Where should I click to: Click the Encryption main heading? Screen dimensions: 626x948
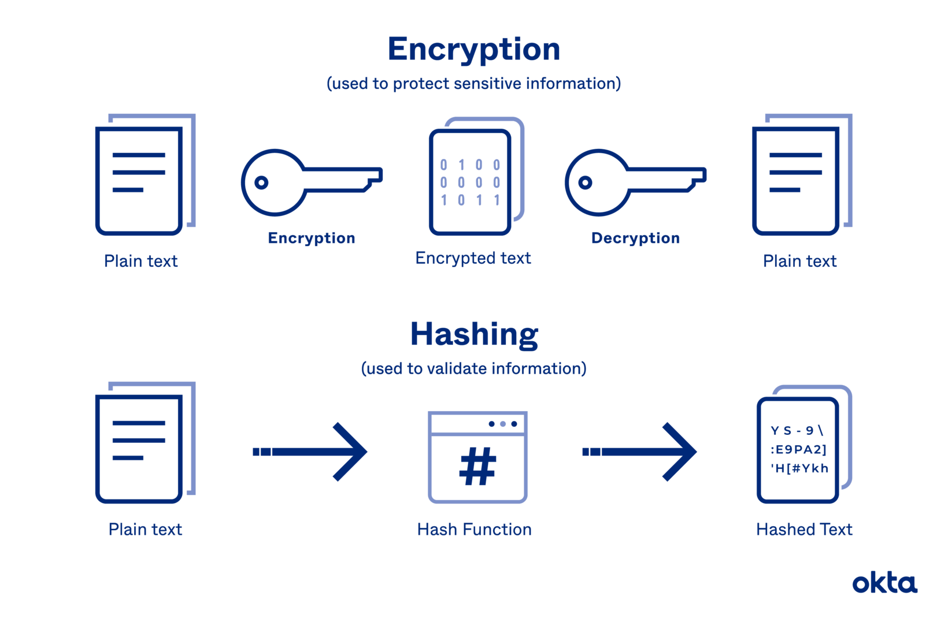[x=474, y=50]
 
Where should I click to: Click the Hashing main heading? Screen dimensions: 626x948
[x=474, y=334]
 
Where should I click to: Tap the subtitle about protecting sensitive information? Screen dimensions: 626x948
[x=474, y=84]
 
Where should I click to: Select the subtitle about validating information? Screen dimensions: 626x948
[x=474, y=368]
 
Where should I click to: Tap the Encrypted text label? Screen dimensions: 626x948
[x=473, y=258]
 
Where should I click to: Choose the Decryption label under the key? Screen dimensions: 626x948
[x=635, y=238]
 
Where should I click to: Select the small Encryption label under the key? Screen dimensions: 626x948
[x=311, y=238]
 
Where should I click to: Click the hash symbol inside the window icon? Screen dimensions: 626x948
[x=477, y=467]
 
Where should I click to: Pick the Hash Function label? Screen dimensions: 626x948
[x=474, y=530]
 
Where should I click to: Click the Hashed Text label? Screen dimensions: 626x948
[x=804, y=530]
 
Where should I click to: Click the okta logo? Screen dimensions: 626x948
[x=884, y=583]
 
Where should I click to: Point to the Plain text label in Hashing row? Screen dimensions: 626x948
[x=145, y=530]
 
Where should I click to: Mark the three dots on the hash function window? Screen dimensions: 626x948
[x=502, y=424]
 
